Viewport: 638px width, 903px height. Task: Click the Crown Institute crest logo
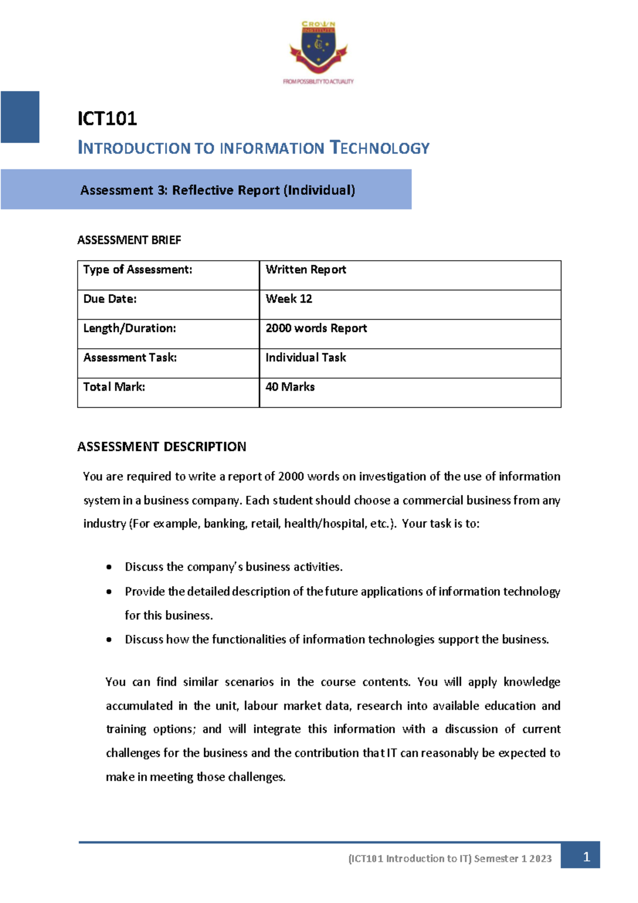tap(318, 48)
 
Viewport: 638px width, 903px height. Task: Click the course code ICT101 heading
tap(107, 118)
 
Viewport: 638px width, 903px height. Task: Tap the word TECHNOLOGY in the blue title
tap(380, 148)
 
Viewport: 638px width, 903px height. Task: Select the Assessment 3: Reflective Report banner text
tap(217, 190)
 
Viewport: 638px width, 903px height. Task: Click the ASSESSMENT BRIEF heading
tap(129, 240)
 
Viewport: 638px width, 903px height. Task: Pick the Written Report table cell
tap(306, 270)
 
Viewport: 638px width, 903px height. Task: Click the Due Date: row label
tap(110, 299)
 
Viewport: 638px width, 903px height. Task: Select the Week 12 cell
tap(289, 299)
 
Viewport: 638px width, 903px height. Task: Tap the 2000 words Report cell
tap(316, 328)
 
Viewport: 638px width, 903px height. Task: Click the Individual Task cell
tap(306, 357)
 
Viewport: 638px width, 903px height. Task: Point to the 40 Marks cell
tap(290, 387)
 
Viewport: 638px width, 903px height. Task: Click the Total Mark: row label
tap(114, 387)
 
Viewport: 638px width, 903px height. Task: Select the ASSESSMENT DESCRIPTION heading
tap(162, 446)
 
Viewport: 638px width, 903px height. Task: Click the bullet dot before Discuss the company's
tap(109, 567)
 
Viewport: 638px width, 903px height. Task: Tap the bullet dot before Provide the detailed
tap(109, 591)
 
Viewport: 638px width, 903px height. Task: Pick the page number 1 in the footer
tap(586, 857)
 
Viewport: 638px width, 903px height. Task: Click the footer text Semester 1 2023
tap(513, 858)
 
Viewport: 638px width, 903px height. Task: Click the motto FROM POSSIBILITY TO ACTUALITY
tap(318, 81)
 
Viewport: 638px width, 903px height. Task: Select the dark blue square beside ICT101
tap(20, 117)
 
